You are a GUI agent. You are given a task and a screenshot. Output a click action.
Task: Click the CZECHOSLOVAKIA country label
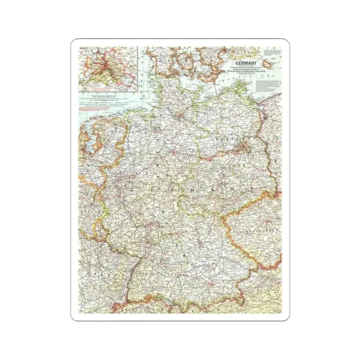click(256, 231)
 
